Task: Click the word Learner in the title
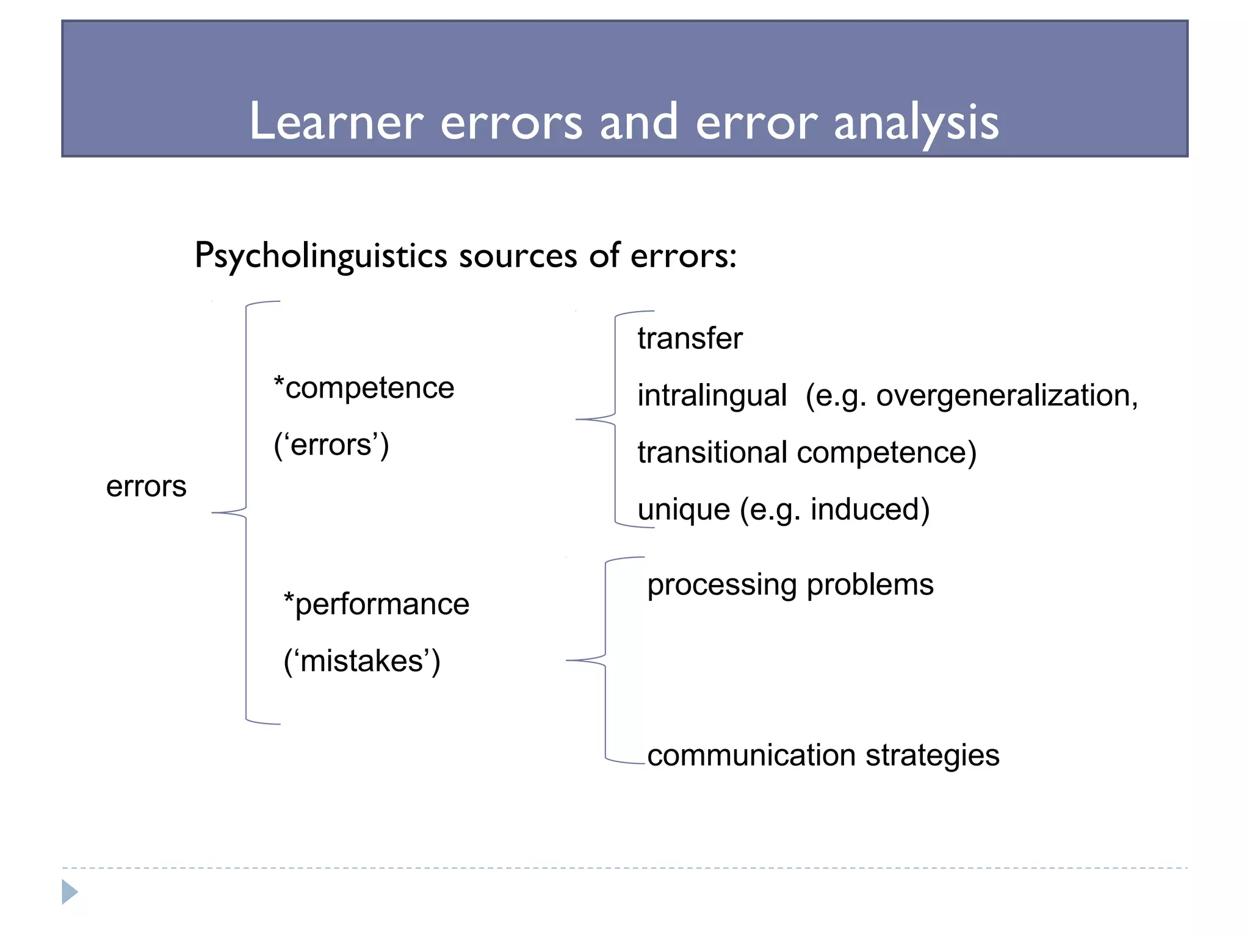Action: tap(336, 122)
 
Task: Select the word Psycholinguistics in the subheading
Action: tap(321, 256)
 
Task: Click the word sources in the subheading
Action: tap(518, 256)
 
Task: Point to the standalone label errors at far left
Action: tap(146, 487)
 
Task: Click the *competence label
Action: tap(364, 389)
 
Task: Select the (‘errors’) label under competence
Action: tap(331, 445)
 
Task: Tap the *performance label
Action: tap(377, 605)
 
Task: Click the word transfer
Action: tap(690, 339)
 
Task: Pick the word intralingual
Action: tap(712, 396)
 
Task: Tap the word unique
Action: tap(684, 510)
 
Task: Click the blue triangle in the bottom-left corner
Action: tap(70, 892)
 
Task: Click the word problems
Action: tap(870, 585)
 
